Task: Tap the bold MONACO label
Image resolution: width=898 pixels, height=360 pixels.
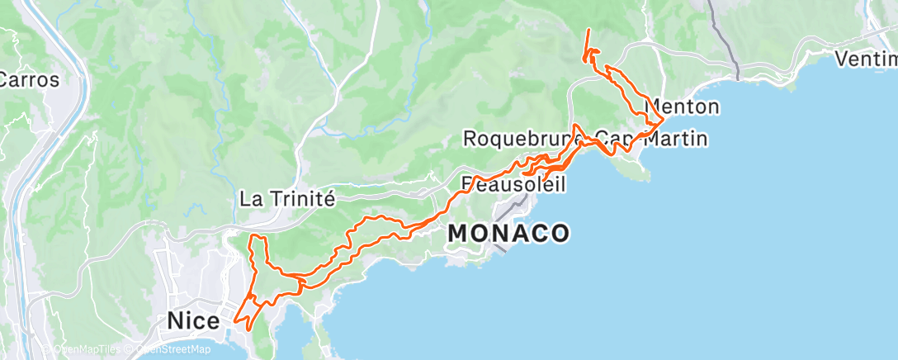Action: tap(508, 234)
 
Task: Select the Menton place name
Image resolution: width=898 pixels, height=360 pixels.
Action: tap(683, 107)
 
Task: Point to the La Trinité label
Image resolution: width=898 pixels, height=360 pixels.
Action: tap(286, 198)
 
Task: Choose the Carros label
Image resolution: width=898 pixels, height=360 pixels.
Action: tap(30, 81)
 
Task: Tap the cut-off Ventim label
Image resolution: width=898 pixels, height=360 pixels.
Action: tap(866, 59)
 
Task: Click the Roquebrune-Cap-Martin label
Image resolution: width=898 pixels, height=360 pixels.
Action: tap(584, 139)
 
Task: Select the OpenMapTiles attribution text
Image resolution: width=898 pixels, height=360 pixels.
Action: tap(90, 349)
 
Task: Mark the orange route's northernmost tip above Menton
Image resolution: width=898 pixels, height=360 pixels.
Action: tap(588, 31)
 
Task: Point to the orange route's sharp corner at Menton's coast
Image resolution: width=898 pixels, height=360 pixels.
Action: tap(664, 121)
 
